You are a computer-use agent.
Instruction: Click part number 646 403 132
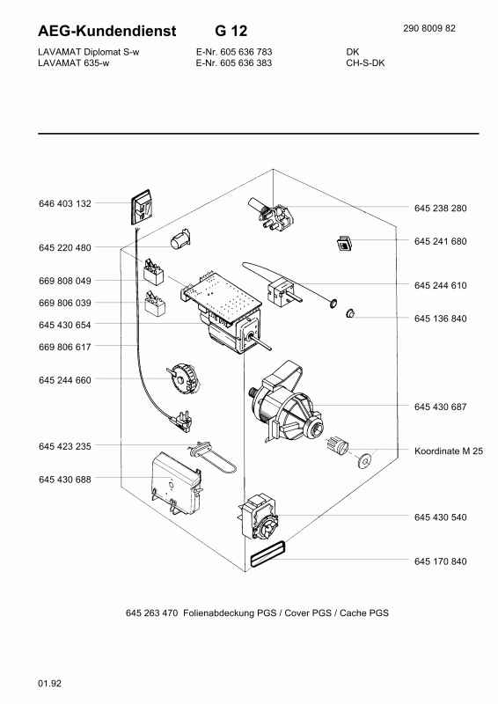[x=64, y=203]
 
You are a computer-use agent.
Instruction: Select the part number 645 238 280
[x=440, y=209]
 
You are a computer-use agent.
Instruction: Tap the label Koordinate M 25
[x=449, y=451]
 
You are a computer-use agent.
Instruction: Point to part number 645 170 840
[x=440, y=561]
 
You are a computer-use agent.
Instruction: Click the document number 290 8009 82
[x=428, y=28]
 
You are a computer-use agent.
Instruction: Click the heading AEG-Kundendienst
[x=106, y=31]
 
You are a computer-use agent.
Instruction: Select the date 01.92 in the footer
[x=49, y=684]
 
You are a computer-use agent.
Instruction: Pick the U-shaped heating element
[x=213, y=458]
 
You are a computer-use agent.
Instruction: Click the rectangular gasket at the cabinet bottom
[x=267, y=554]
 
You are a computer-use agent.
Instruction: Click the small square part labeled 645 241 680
[x=344, y=243]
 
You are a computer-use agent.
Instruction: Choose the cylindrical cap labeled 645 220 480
[x=180, y=238]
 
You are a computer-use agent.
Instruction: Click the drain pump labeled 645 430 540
[x=258, y=517]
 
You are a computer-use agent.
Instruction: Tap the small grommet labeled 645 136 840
[x=350, y=313]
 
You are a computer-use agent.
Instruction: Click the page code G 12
[x=231, y=31]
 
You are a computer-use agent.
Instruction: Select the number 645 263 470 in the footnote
[x=152, y=612]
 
